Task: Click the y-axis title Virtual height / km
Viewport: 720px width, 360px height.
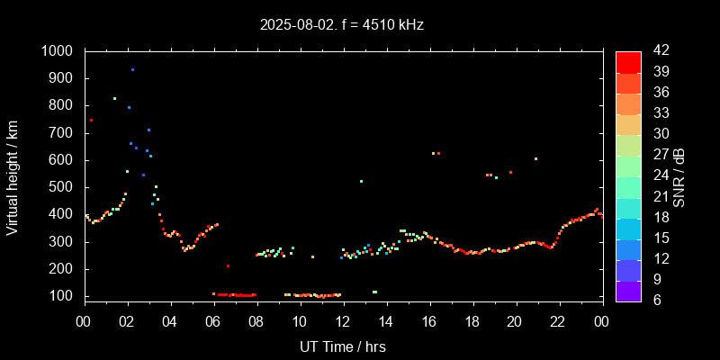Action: coord(13,177)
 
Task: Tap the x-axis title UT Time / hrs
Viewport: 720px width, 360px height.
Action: coord(343,346)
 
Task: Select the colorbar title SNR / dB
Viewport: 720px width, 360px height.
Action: coord(678,177)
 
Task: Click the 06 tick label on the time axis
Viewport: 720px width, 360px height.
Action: coord(213,322)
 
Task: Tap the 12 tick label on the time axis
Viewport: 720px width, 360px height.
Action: coord(343,322)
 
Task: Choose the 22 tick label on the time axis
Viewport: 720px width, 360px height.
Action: coord(559,322)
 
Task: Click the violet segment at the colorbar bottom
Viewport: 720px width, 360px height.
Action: coord(628,291)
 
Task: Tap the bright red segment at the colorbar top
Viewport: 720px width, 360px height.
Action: coord(628,61)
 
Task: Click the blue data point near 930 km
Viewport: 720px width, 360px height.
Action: coord(132,69)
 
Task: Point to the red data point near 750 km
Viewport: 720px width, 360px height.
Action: coord(91,121)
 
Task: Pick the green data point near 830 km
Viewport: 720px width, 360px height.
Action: coord(114,98)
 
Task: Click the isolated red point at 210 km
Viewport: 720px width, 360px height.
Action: coord(229,265)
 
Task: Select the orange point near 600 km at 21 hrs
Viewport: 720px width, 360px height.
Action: coord(535,159)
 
